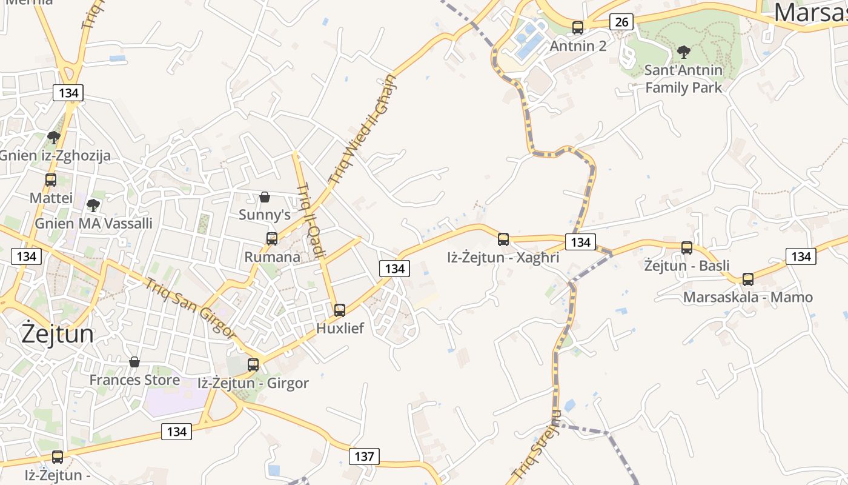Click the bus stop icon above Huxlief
[340, 310]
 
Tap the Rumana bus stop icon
[272, 239]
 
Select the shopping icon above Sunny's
[265, 197]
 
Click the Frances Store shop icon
[134, 362]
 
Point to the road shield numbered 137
[364, 457]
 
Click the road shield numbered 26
[621, 22]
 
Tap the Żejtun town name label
[58, 334]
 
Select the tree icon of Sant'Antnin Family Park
[684, 52]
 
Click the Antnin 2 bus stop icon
[578, 28]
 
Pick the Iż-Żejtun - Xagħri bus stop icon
[503, 239]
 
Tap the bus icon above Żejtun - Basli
[687, 248]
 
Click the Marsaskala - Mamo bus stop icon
[748, 279]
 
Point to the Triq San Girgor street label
[190, 307]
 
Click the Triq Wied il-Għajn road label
[362, 130]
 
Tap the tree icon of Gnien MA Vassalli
[93, 206]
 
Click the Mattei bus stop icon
[51, 180]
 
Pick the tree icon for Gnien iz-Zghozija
[54, 138]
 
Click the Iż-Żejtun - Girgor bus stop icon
[253, 365]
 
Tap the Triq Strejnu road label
[537, 446]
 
